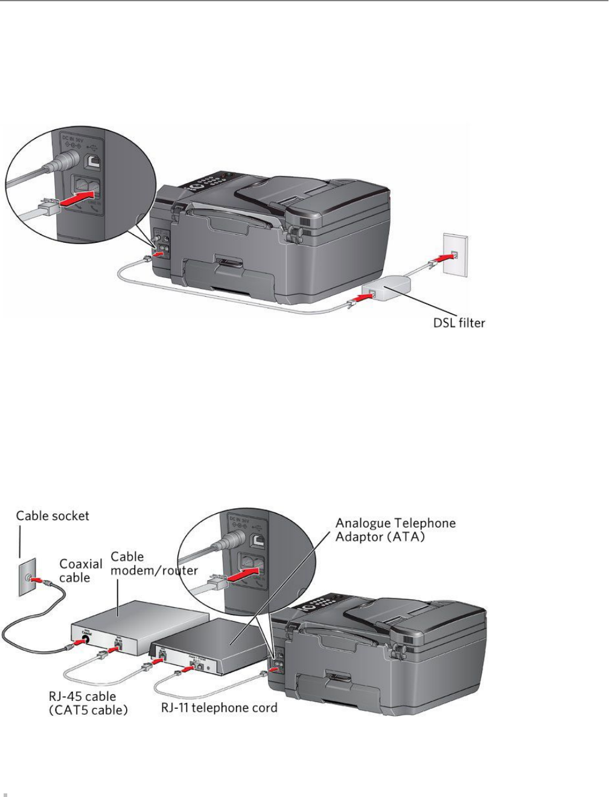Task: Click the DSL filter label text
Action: pyautogui.click(x=453, y=323)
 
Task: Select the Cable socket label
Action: pyautogui.click(x=53, y=515)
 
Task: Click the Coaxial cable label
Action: pyautogui.click(x=81, y=570)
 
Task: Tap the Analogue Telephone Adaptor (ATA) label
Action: pyautogui.click(x=395, y=529)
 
